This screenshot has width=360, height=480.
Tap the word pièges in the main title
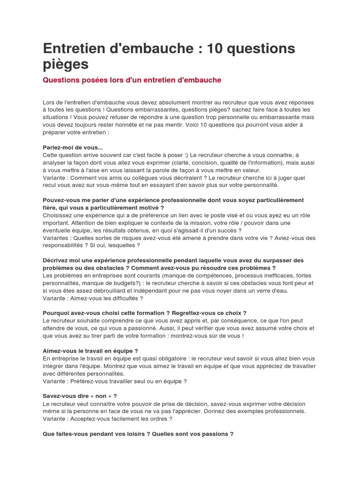66,65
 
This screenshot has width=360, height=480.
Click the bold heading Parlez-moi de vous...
72,148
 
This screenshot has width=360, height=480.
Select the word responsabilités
65,245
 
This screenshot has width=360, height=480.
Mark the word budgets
126,283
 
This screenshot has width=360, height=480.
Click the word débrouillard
114,291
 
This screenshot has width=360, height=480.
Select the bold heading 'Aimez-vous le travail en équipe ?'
90,351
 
